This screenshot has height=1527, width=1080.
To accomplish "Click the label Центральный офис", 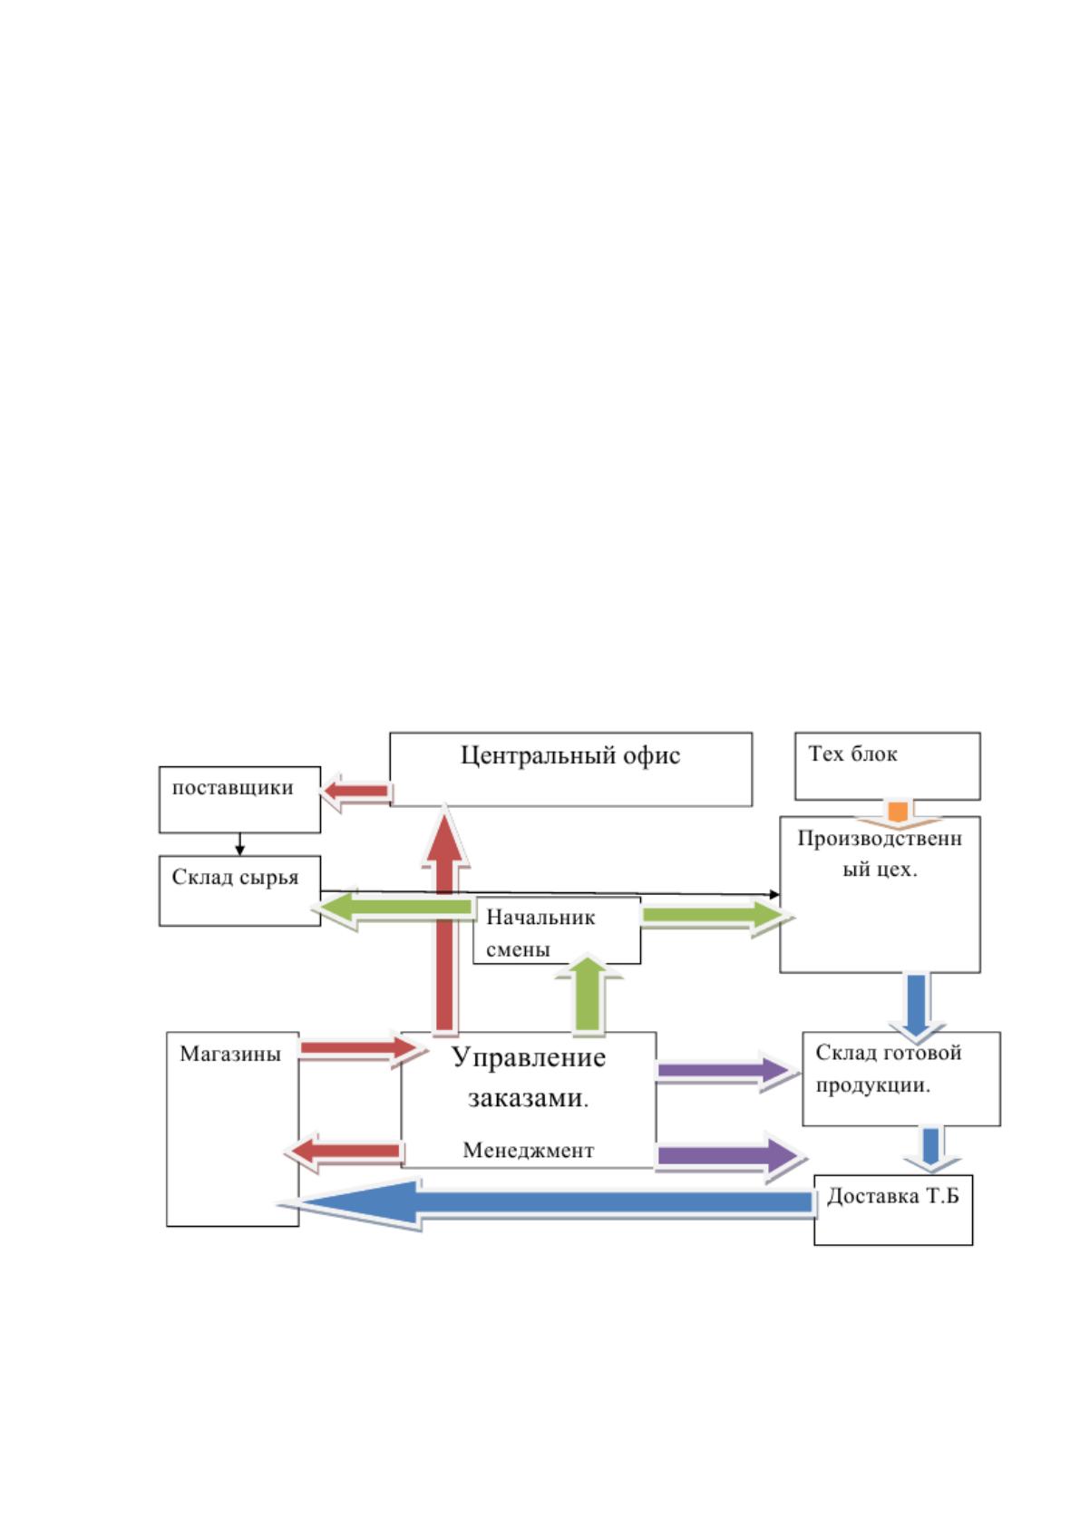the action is pyautogui.click(x=570, y=755).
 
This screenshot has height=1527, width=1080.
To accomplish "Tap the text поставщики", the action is pyautogui.click(x=232, y=788).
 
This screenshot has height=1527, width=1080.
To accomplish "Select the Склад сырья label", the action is pyautogui.click(x=235, y=878).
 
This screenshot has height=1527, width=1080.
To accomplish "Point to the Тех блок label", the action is pyautogui.click(x=852, y=754).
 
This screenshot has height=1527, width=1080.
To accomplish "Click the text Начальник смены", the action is pyautogui.click(x=540, y=933).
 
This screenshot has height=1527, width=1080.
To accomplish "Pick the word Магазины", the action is pyautogui.click(x=230, y=1054).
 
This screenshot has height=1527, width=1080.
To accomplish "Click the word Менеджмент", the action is pyautogui.click(x=529, y=1150).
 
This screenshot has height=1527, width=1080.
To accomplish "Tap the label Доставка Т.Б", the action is pyautogui.click(x=892, y=1196).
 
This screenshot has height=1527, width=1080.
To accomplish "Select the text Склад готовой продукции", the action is pyautogui.click(x=888, y=1069).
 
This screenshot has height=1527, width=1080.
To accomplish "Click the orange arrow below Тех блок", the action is pyautogui.click(x=898, y=814).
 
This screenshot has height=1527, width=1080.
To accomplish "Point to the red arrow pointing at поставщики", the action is pyautogui.click(x=355, y=792).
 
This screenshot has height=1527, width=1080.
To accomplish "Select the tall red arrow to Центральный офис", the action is pyautogui.click(x=444, y=919).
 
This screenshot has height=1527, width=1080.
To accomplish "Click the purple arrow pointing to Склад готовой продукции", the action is pyautogui.click(x=727, y=1070).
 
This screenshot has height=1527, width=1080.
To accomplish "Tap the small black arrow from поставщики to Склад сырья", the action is pyautogui.click(x=239, y=844).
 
